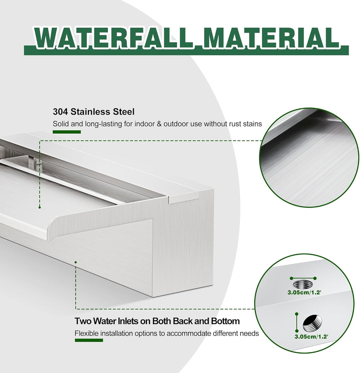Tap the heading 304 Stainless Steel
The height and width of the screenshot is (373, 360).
click(94, 112)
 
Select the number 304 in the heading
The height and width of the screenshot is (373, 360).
click(60, 112)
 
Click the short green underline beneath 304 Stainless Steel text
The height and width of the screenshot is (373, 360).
click(66, 132)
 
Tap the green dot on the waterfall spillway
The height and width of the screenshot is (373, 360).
click(40, 207)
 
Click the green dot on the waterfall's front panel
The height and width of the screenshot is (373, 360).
click(76, 262)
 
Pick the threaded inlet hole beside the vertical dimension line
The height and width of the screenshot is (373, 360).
click(312, 323)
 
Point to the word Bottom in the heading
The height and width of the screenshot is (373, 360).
click(225, 321)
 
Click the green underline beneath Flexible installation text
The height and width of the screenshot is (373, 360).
click(89, 340)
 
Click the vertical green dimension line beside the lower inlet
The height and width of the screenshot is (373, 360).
click(297, 322)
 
